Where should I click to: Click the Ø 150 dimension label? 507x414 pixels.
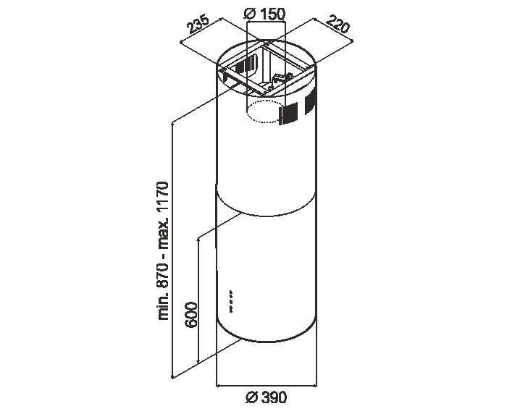click(x=265, y=14)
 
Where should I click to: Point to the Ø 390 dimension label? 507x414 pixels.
click(x=266, y=397)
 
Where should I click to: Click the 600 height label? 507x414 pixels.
click(x=191, y=315)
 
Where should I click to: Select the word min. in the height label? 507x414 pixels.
click(x=163, y=308)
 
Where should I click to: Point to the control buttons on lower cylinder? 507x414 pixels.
click(x=231, y=301)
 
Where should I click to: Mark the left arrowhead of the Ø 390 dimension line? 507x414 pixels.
click(x=217, y=386)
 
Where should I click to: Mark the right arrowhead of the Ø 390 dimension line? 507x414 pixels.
click(x=316, y=386)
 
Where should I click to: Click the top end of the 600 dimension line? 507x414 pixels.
click(x=198, y=239)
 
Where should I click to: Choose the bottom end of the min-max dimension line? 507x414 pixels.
click(x=172, y=377)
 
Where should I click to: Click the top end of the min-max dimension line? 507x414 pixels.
click(x=172, y=123)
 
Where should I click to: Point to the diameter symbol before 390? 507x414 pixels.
click(x=251, y=397)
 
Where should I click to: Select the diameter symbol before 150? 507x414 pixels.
click(x=251, y=14)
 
